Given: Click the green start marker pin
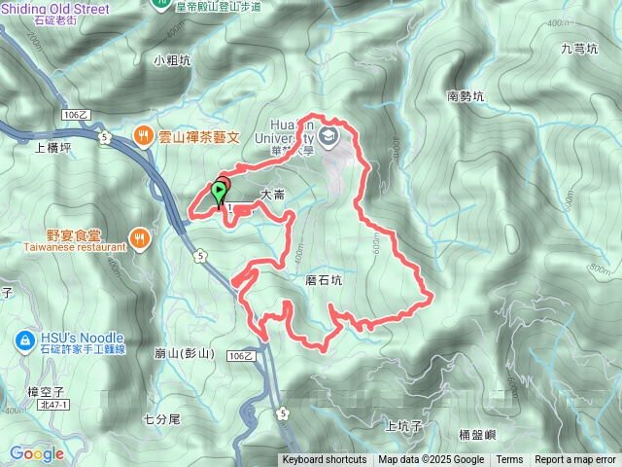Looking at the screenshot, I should pos(220,191).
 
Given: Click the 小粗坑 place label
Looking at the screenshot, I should pos(172,59).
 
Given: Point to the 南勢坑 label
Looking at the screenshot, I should pos(465,96).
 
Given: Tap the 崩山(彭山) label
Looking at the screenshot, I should pos(184,352).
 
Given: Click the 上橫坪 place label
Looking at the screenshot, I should pos(52,148).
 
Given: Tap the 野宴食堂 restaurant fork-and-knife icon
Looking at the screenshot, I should pos(141,237).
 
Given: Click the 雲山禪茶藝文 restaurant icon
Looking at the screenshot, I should pos(142,135).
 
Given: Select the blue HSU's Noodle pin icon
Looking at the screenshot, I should pos(23,340).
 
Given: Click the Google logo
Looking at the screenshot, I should pos(37,453).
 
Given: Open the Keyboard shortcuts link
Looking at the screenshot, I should pos(325,460).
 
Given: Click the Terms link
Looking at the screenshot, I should pos(509,460).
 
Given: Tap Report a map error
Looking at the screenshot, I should pos(575,460).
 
